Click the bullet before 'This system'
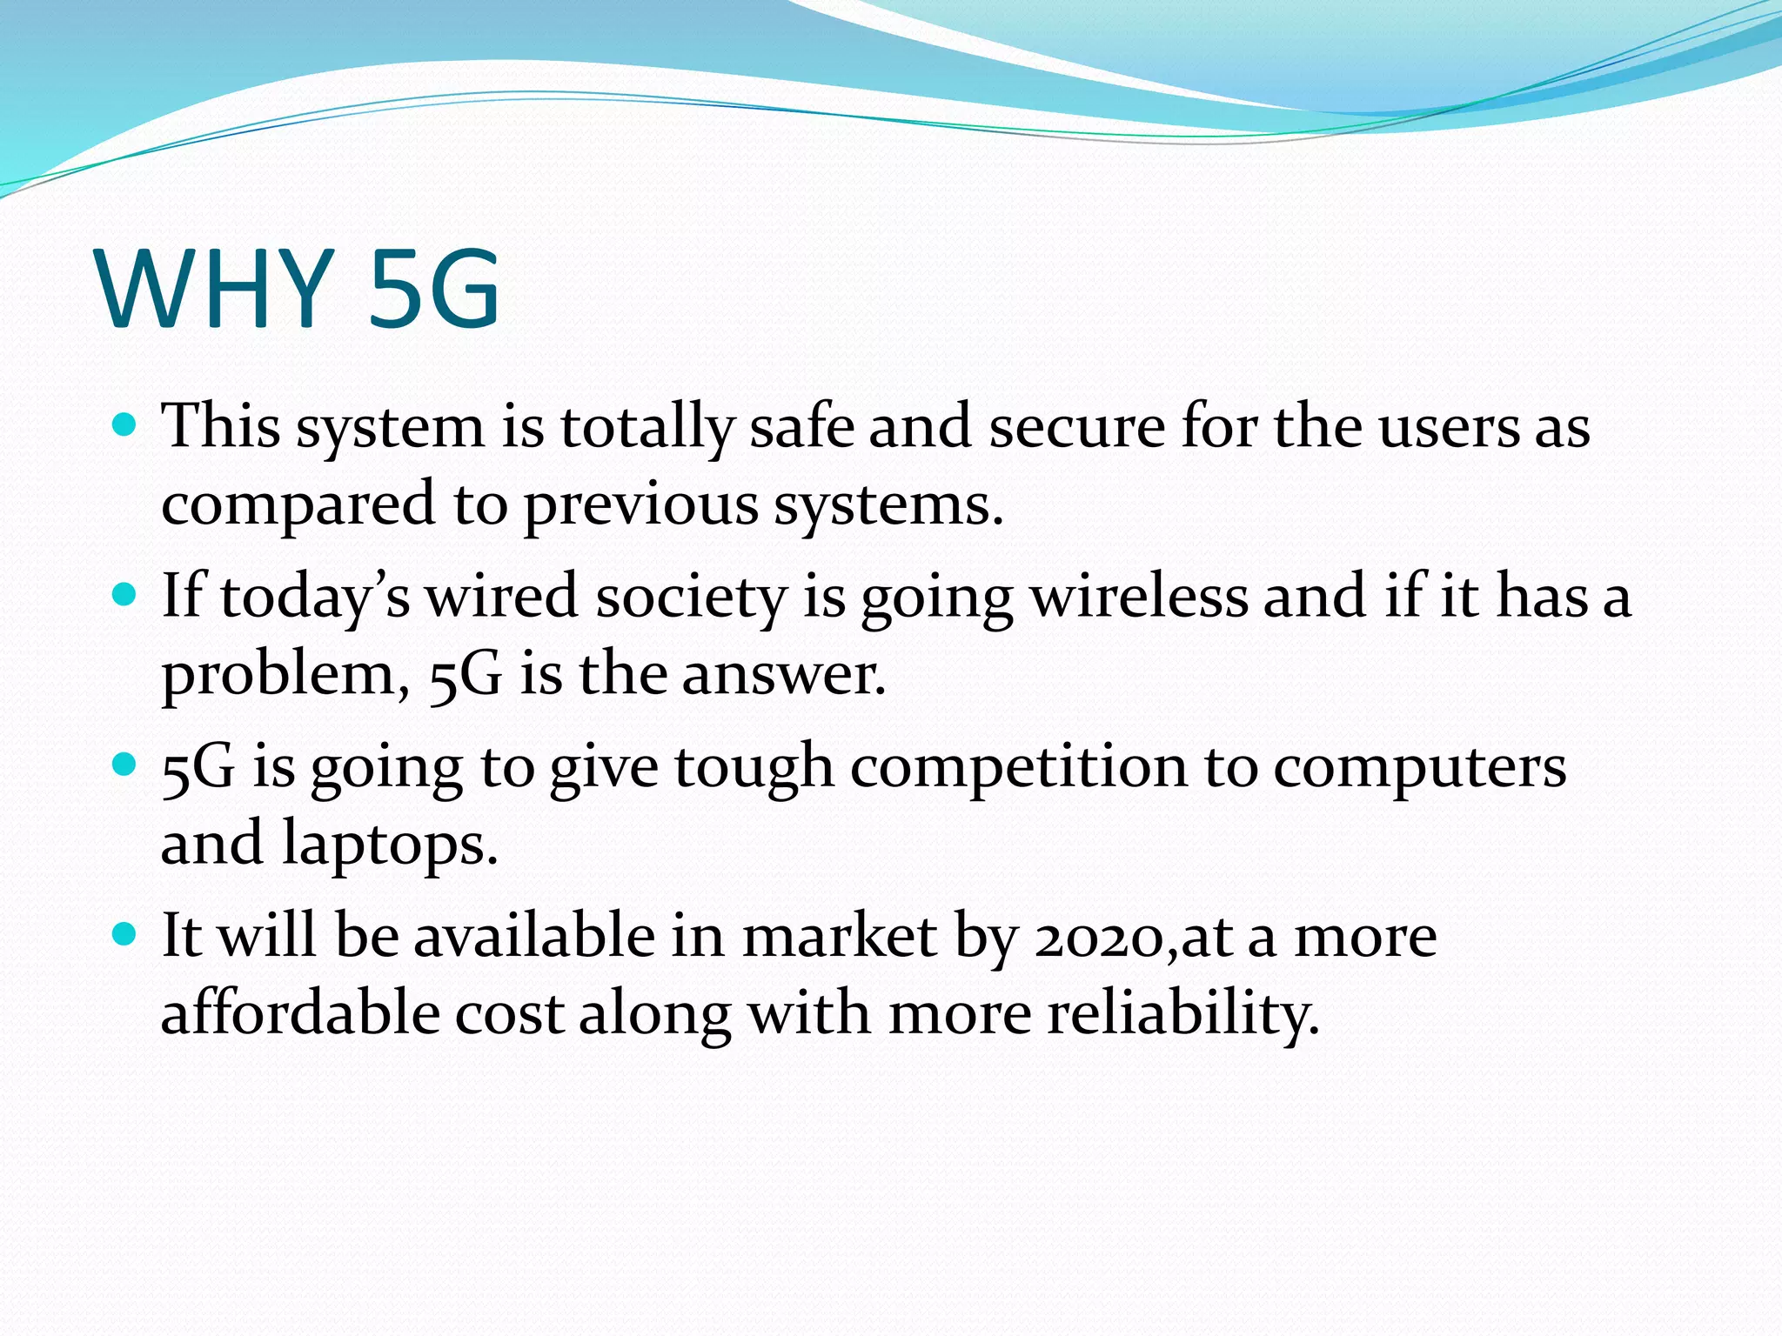[x=125, y=425]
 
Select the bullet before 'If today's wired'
[x=125, y=595]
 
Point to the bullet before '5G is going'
[x=125, y=765]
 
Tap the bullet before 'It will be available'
[x=125, y=935]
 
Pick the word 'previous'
[x=640, y=504]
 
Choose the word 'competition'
[x=1019, y=768]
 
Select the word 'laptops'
[x=389, y=845]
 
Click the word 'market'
[x=840, y=938]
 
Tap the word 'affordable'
[x=300, y=1014]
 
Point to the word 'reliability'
[x=1182, y=1014]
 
